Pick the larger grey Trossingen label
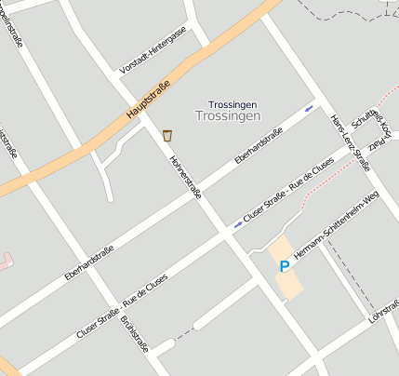pos(228,116)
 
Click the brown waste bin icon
pos(167,135)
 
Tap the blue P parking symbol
pos(285,266)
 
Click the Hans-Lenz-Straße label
pos(351,142)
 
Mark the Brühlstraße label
pos(135,334)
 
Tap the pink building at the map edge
pos(5,260)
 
